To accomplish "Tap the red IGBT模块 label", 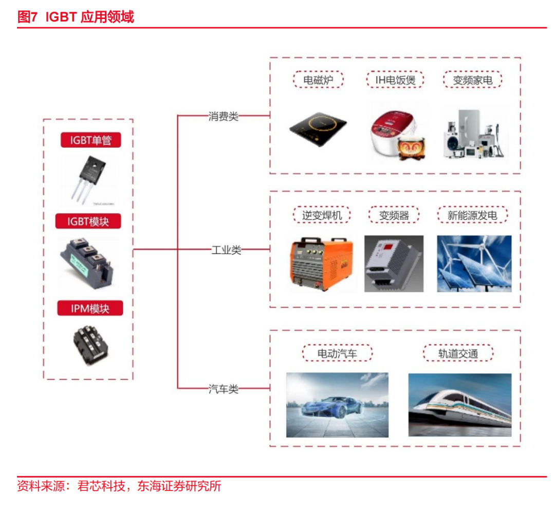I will pos(88,221).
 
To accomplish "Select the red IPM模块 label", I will pos(90,309).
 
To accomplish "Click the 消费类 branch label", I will pos(224,116).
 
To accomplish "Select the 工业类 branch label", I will pos(226,250).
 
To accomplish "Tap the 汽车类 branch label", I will pos(224,389).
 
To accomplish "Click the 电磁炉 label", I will pos(318,80).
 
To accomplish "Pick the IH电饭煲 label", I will pos(395,80).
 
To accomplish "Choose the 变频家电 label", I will pos(472,80).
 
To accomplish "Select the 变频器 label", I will pos(394,215).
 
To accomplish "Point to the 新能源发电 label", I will pos(472,215).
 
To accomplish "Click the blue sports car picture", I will pos(337,405).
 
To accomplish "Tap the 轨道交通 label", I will pos(458,353).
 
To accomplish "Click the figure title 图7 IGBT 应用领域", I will pos(76,16).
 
